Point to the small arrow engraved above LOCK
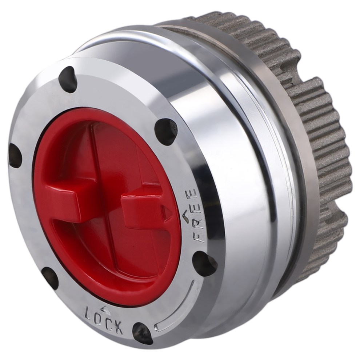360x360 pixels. pos(105,309)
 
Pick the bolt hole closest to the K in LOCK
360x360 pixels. pos(142,333)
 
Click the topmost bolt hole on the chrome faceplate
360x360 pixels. pos(68,79)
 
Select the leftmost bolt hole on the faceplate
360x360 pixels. pos(15,156)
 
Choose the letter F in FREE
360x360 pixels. pos(199,237)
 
